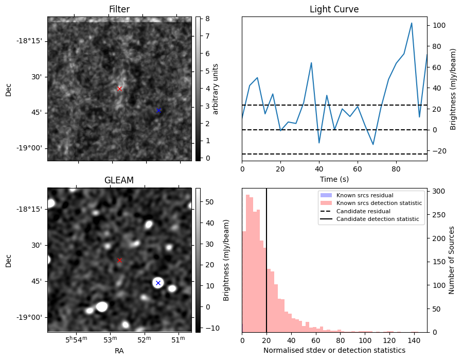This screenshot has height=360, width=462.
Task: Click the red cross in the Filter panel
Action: click(x=119, y=89)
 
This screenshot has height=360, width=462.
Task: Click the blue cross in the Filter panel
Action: click(x=158, y=110)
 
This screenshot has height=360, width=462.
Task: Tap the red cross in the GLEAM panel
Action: click(x=119, y=260)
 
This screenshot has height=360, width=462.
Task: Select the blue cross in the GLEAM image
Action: click(x=158, y=283)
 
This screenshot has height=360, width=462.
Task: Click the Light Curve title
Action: click(x=334, y=9)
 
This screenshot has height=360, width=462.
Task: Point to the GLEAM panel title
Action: click(x=119, y=180)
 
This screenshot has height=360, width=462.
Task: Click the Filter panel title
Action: click(x=119, y=9)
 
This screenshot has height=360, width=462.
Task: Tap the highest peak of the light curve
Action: click(x=412, y=23)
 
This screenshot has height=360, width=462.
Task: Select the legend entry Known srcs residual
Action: click(x=364, y=195)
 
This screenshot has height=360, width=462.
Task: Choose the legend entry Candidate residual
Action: click(x=363, y=211)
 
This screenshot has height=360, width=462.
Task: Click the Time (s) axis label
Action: click(x=334, y=179)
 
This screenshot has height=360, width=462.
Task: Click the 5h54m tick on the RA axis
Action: click(x=77, y=340)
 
